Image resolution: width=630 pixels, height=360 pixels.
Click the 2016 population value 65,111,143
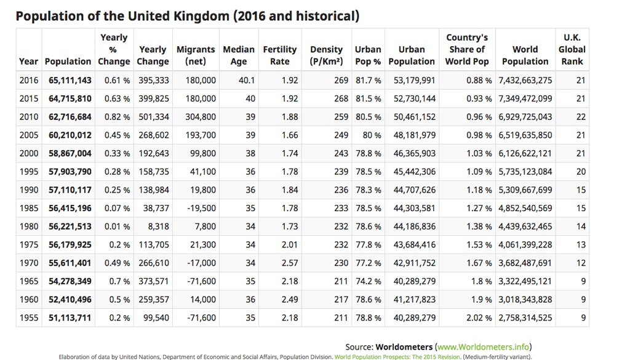click(x=70, y=81)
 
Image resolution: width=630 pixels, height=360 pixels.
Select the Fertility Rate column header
click(x=280, y=55)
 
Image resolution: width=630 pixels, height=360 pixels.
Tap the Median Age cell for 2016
click(x=247, y=81)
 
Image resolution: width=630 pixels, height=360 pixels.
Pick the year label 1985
click(x=29, y=208)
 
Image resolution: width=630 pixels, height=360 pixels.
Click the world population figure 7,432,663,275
click(x=525, y=81)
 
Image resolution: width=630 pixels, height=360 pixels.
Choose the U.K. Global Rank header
click(x=572, y=49)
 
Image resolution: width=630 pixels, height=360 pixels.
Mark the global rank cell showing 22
click(x=581, y=117)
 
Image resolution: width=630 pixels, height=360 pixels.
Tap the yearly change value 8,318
click(x=158, y=226)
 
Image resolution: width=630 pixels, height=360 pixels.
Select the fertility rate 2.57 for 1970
click(x=290, y=263)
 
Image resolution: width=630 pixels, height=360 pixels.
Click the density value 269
click(x=341, y=81)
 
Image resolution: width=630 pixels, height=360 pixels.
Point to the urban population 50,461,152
click(x=414, y=117)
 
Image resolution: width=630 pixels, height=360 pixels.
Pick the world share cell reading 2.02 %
click(x=479, y=318)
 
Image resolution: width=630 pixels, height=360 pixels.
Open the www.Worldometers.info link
click(x=484, y=346)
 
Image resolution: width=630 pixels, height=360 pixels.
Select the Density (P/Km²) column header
click(x=326, y=55)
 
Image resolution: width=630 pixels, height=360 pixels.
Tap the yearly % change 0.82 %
click(x=117, y=117)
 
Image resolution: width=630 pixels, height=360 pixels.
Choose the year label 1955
click(x=29, y=318)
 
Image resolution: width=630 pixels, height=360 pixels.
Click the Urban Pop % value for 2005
click(x=372, y=135)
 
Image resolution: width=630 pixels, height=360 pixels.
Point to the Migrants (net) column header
click(x=196, y=55)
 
